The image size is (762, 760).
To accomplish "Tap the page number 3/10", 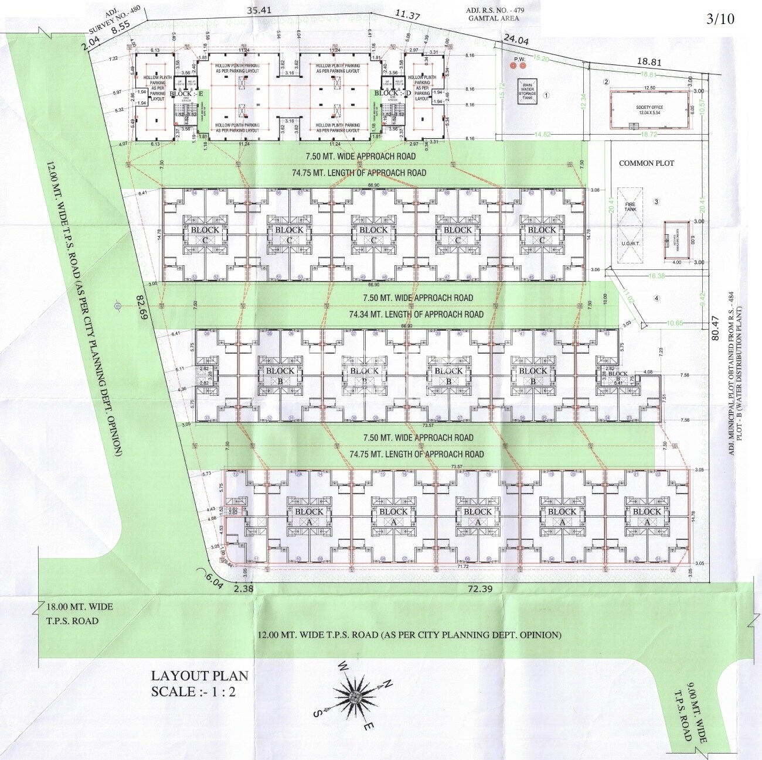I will point(720,18).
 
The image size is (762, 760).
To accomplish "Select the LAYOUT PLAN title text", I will point(199,676).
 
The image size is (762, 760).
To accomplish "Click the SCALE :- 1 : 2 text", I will point(193,691).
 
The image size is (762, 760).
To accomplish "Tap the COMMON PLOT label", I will point(647,163).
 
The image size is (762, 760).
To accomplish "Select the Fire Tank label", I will point(630,206).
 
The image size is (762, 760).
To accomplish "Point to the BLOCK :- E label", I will point(186,94).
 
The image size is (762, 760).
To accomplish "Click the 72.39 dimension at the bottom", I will point(479,588).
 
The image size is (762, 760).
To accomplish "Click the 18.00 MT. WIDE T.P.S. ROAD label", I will point(79,613).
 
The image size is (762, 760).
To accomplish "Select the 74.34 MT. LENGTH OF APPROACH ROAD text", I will point(416,314).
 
